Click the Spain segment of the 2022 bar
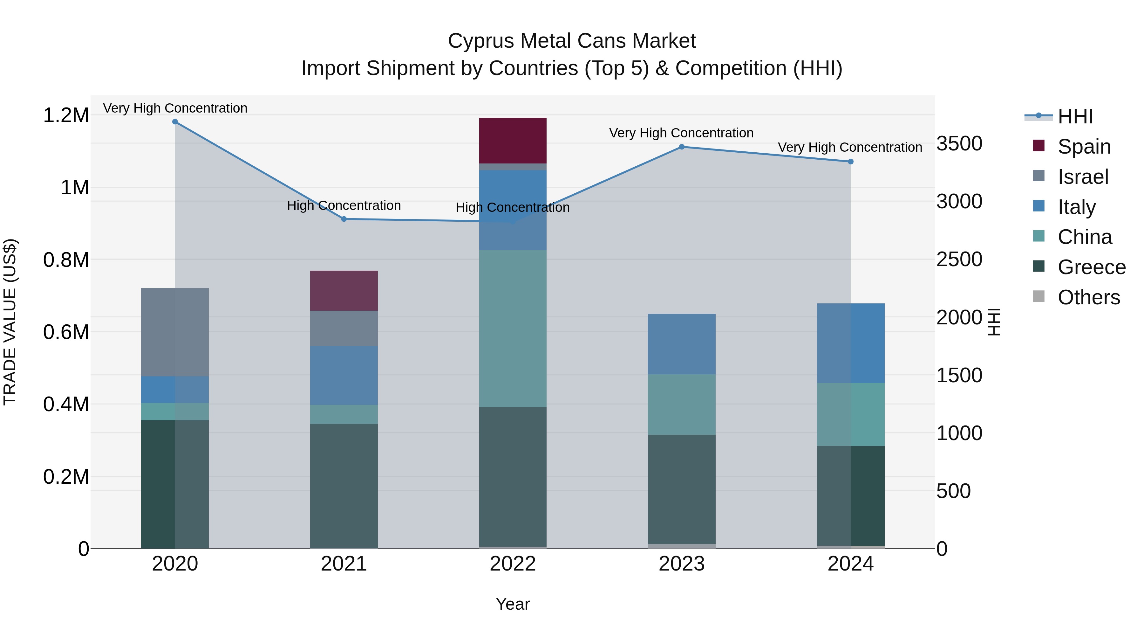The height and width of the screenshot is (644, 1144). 513,141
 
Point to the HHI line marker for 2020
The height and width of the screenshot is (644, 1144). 175,122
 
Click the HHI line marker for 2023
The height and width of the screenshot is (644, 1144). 682,147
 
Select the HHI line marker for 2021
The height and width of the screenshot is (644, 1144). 344,219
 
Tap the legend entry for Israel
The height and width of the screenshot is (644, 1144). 1083,177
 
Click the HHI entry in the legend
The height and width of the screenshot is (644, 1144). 1075,116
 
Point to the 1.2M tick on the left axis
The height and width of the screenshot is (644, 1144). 66,115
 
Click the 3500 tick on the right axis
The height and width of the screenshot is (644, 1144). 959,143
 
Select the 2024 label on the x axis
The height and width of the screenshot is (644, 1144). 850,564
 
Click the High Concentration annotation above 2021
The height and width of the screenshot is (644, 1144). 344,205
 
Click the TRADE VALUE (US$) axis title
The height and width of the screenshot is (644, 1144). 10,322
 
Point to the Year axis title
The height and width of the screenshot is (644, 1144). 513,604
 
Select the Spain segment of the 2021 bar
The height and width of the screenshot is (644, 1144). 344,290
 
